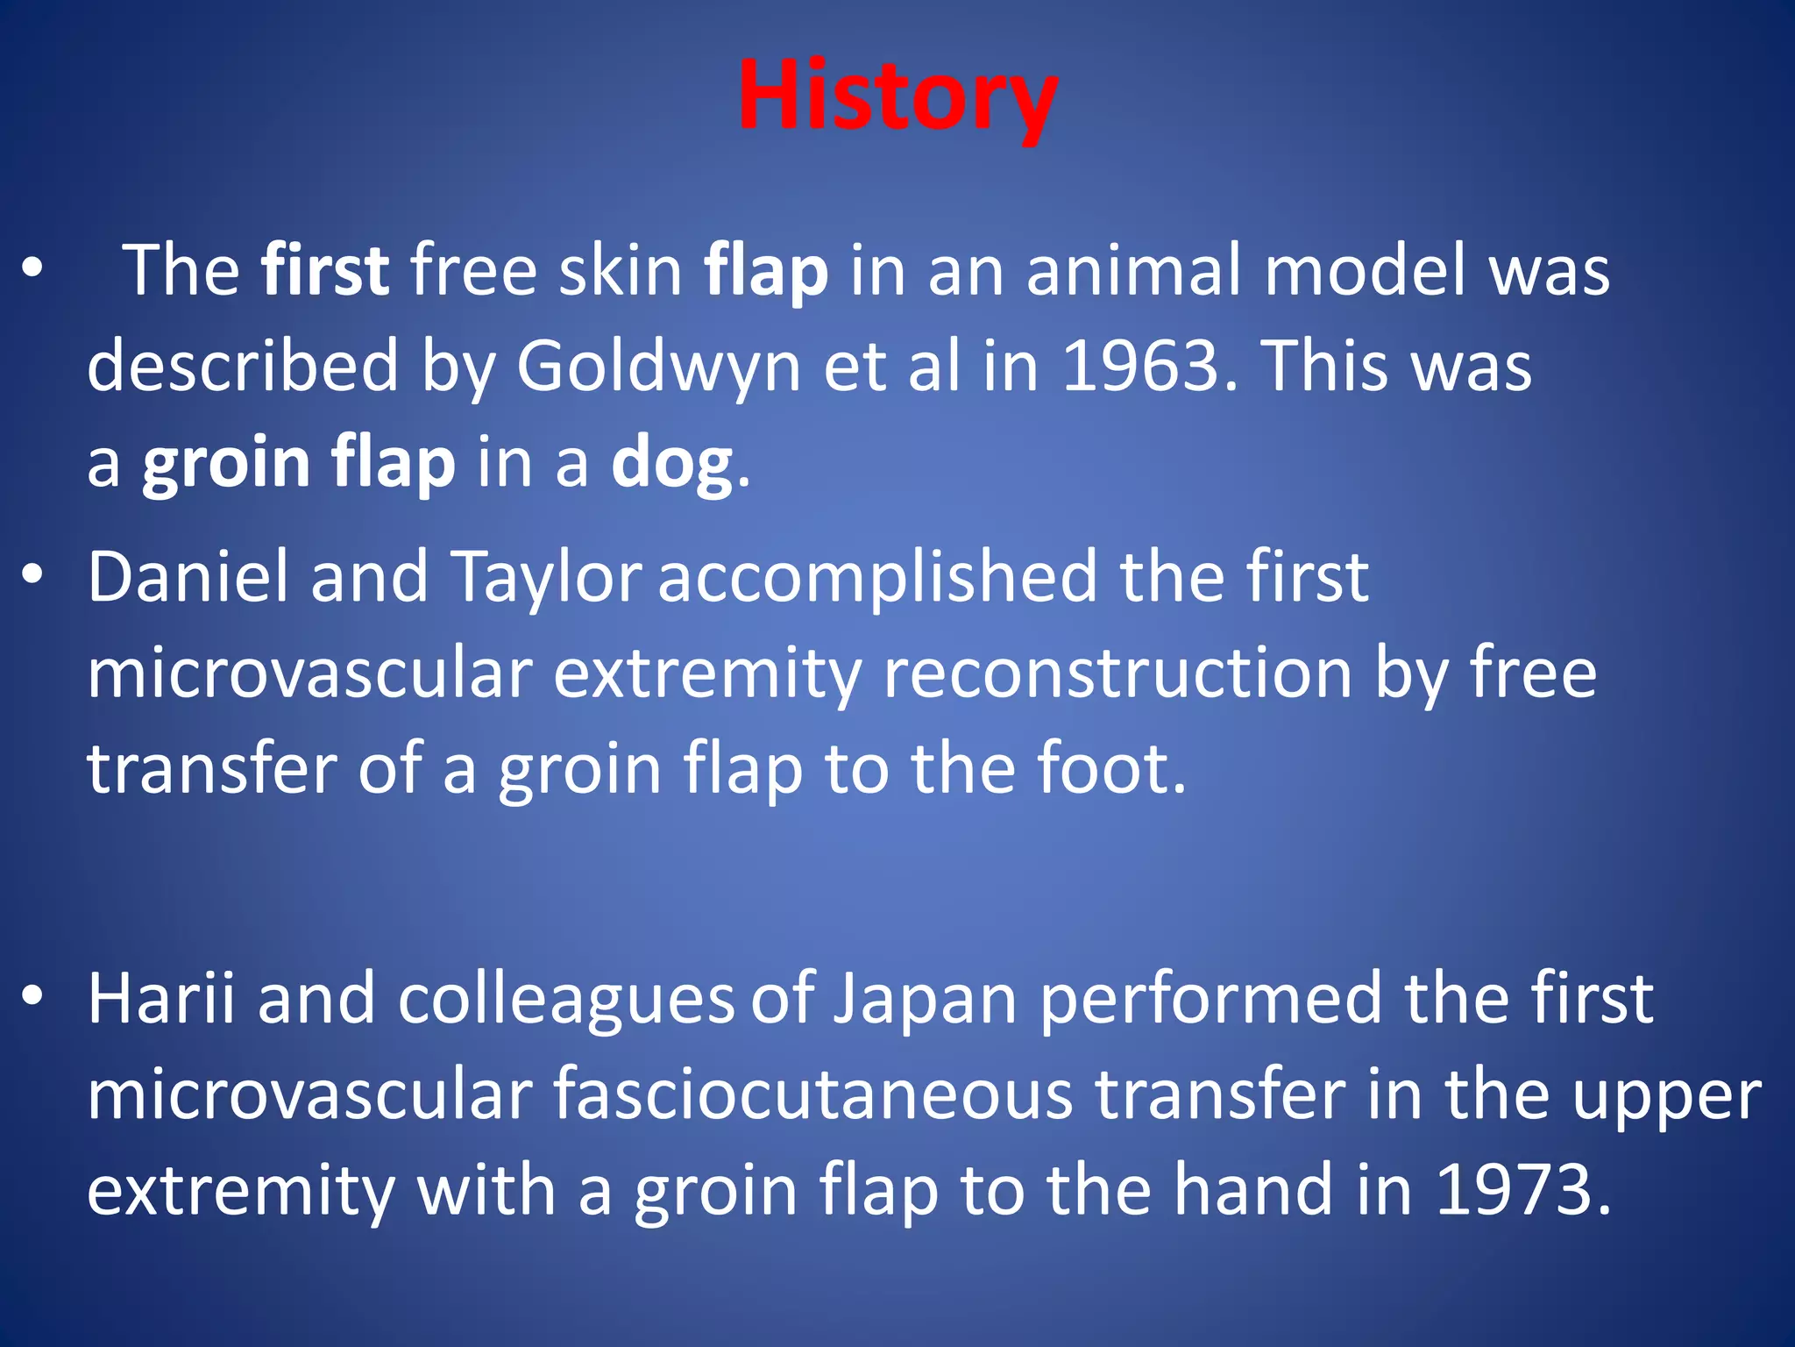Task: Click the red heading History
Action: point(897,95)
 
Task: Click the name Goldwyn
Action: point(658,366)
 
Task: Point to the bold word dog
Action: point(672,462)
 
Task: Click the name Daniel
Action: point(188,577)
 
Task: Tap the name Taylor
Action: point(547,577)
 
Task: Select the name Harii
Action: point(161,998)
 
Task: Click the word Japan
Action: point(924,998)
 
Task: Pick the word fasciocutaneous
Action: point(812,1094)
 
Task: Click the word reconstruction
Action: point(1117,673)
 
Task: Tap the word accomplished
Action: point(877,577)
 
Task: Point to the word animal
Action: point(1134,270)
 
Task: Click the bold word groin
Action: point(226,462)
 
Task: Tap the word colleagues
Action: point(565,998)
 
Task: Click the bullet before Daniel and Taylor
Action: point(32,574)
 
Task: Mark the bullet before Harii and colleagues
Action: point(32,996)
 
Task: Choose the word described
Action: point(243,366)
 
